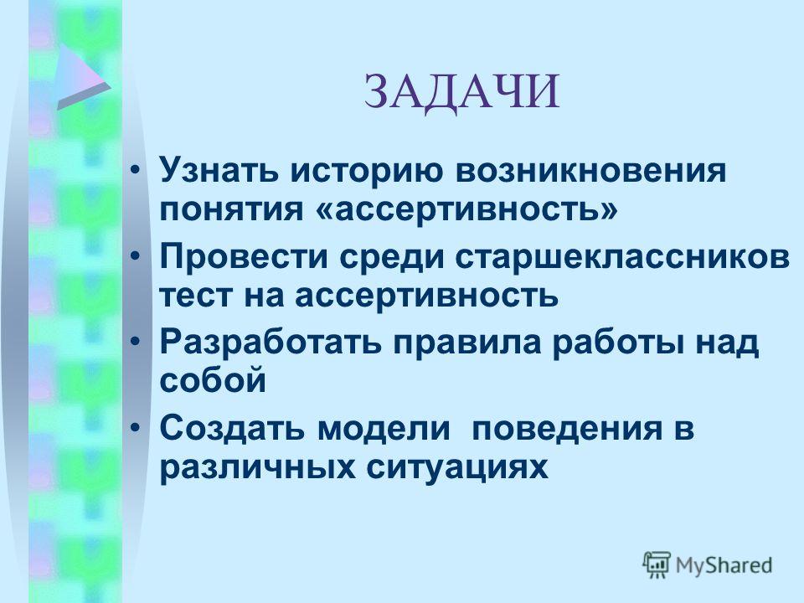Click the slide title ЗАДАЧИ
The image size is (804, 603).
click(461, 93)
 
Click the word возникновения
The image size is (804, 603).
click(590, 171)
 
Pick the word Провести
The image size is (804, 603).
click(244, 257)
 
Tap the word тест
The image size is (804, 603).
click(195, 296)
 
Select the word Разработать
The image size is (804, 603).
click(271, 343)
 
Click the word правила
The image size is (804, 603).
click(467, 343)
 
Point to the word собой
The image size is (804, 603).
click(213, 380)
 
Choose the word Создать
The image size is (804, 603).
click(232, 428)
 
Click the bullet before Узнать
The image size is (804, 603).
click(135, 170)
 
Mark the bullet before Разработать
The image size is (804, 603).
click(135, 342)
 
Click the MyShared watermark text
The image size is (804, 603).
click(724, 565)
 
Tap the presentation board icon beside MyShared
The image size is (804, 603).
click(657, 564)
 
